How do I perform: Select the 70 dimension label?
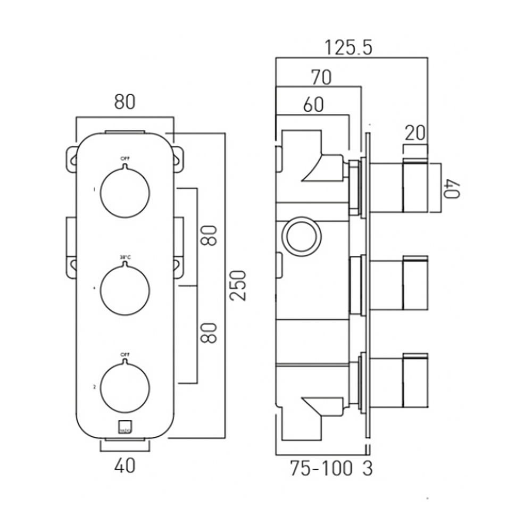tap(321, 78)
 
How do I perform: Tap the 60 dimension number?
tap(314, 105)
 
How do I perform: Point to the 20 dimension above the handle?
tap(415, 133)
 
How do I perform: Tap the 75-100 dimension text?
tap(321, 469)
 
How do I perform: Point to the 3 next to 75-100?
tap(368, 469)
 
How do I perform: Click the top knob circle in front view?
tap(124, 192)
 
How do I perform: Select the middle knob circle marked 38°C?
tap(124, 290)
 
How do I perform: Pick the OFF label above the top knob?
tap(124, 158)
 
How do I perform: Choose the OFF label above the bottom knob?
tap(124, 354)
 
